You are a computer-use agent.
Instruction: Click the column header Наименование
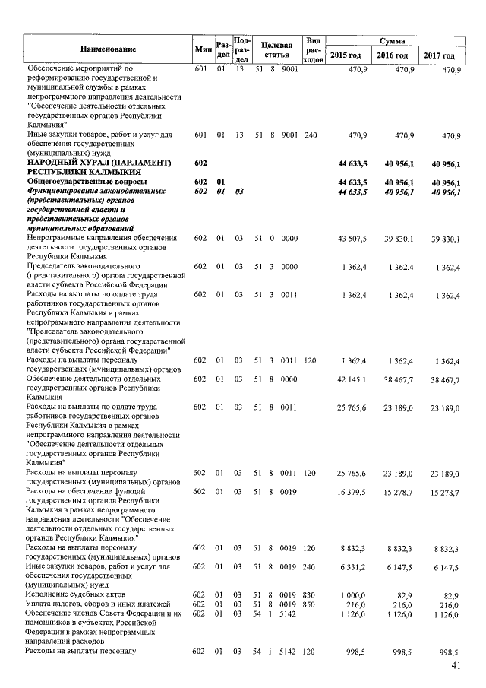(x=108, y=49)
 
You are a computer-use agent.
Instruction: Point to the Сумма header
(x=392, y=40)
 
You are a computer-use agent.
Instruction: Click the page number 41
(x=456, y=667)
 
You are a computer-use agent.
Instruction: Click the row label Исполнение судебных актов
(x=73, y=594)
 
